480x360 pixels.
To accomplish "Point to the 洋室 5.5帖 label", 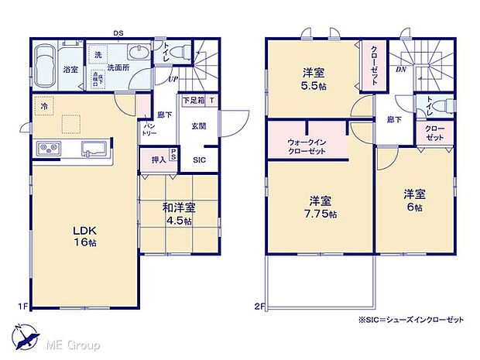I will pos(313,79).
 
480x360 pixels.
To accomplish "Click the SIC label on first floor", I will pos(199,160).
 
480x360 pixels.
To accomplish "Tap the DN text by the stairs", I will pos(401,69).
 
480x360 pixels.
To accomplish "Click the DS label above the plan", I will pos(118,33).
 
